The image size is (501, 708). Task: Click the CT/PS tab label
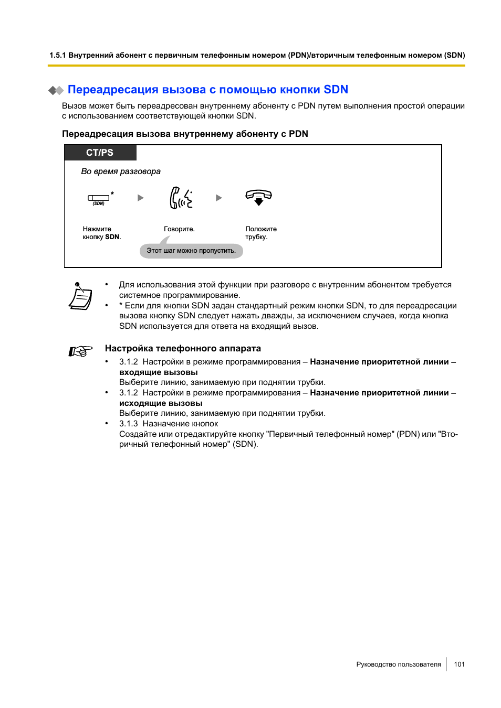[100, 153]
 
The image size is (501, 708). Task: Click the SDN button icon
[99, 198]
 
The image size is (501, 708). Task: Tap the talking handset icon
[181, 198]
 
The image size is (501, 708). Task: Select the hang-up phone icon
[258, 197]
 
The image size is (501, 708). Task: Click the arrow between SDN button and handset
[140, 198]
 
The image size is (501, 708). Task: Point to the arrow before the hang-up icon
[219, 198]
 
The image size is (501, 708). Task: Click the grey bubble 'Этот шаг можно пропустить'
[191, 251]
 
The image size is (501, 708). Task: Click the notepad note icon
[80, 296]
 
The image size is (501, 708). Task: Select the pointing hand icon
[80, 351]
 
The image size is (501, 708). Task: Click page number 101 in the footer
[460, 664]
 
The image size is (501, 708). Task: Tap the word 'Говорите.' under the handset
[179, 229]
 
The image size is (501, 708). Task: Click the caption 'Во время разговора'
[121, 171]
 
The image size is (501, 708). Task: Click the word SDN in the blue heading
[336, 90]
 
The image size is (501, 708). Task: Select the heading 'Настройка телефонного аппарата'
[183, 349]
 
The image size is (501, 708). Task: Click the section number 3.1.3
[128, 424]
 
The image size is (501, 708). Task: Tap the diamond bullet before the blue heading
[56, 90]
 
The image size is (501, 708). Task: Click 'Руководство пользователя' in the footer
[399, 664]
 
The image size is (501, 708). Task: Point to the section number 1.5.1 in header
[58, 55]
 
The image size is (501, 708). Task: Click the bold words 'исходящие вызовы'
[161, 403]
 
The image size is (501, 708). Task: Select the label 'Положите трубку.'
[260, 233]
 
